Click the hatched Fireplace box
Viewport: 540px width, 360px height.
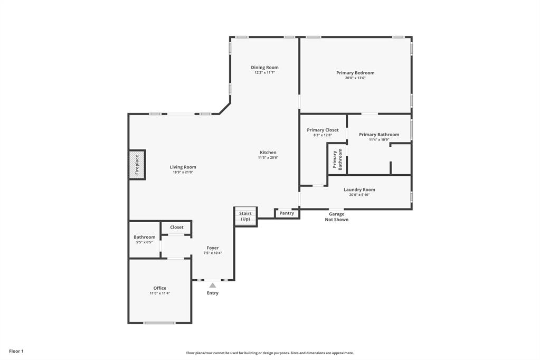coord(137,165)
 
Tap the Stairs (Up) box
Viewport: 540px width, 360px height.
coord(245,216)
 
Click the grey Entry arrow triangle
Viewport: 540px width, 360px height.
coord(212,285)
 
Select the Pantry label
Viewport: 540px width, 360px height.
coord(287,213)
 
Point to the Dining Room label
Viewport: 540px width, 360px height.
coord(264,68)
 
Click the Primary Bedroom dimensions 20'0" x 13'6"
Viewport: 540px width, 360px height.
coord(355,78)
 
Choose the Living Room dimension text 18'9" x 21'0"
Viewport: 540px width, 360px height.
coord(183,173)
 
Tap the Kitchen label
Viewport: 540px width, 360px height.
coord(268,153)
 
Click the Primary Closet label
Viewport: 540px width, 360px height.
coord(323,130)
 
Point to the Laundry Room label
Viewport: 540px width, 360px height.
coord(359,190)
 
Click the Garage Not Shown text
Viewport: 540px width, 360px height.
coord(336,217)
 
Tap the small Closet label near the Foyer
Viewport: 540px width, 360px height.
coord(176,228)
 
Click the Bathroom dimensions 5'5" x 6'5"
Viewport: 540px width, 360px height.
coord(144,242)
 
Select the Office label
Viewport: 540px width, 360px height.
coord(159,288)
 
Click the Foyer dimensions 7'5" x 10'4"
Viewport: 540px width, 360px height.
coord(212,253)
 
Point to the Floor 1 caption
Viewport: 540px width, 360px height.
coord(16,351)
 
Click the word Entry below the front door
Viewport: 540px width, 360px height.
coord(212,293)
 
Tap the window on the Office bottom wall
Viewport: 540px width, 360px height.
coord(159,323)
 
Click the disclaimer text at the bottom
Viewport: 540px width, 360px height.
coord(270,353)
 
